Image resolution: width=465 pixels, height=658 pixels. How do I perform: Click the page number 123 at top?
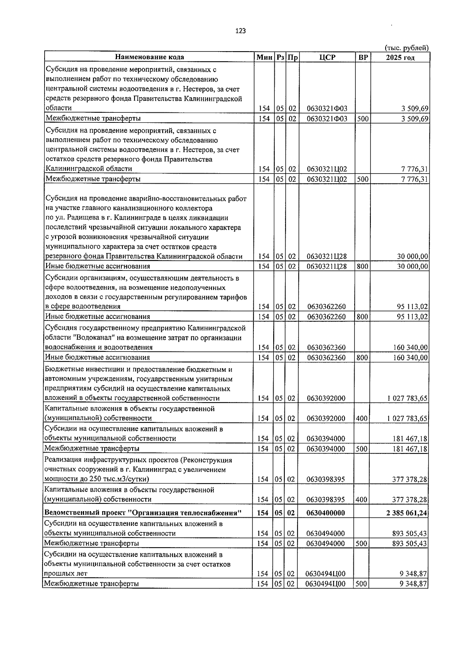(x=240, y=31)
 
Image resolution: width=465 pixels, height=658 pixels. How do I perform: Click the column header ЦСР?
(x=327, y=57)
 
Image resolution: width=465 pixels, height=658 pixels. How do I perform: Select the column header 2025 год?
(x=400, y=57)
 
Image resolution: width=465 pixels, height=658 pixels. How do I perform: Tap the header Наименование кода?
(x=149, y=57)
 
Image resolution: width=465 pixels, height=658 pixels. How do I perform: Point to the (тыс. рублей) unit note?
(x=406, y=48)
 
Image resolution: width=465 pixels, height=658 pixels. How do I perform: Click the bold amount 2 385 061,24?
(x=406, y=513)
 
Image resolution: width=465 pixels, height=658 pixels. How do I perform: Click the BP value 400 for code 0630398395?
(x=361, y=500)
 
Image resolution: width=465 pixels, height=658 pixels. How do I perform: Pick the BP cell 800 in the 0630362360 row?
(x=362, y=358)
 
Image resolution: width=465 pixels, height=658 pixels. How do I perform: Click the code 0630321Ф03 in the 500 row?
(x=327, y=119)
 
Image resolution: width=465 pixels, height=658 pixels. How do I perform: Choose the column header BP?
(x=363, y=57)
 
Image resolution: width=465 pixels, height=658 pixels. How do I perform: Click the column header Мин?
(x=264, y=57)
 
